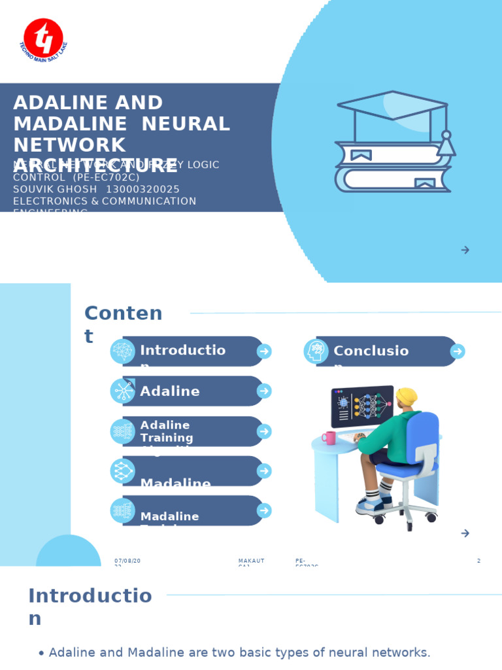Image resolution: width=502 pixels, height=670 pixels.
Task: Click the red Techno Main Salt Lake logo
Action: coord(43,37)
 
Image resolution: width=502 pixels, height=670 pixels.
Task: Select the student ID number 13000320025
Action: coord(142,190)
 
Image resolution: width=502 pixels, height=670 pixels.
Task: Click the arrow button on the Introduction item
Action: coord(264,351)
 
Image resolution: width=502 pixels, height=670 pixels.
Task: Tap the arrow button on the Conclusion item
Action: coord(458,351)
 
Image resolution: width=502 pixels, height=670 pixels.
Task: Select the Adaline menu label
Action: coord(170,391)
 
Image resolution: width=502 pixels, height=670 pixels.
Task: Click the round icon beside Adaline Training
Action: coord(122,431)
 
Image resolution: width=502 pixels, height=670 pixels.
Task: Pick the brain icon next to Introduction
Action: coord(122,351)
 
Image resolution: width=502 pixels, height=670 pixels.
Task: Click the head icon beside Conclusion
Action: coord(316,351)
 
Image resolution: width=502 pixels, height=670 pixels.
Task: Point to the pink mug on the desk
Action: coord(329,438)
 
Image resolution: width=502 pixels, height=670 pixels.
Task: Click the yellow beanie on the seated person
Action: coord(407,396)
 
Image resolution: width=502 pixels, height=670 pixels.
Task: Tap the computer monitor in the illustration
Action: coord(362,406)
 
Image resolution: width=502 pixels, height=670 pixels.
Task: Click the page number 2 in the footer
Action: coord(478,561)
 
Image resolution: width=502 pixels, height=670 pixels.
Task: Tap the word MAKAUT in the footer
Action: coord(251,561)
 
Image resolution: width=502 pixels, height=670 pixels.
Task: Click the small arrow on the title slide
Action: coord(465,250)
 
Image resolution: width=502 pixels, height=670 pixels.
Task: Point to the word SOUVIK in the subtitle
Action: coord(31,190)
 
